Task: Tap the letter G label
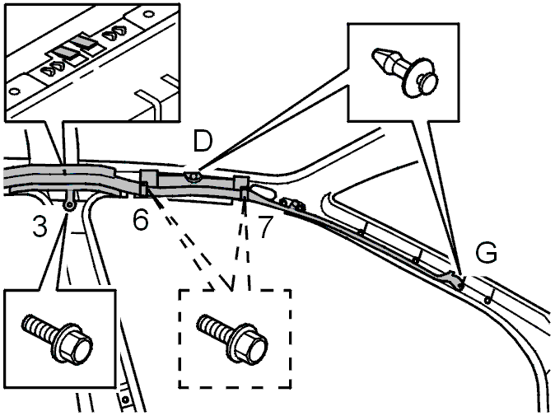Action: [x=487, y=254]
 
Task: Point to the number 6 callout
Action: [x=141, y=221]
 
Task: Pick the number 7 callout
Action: [x=264, y=225]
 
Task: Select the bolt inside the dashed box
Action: [x=234, y=336]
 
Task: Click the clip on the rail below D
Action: [x=193, y=175]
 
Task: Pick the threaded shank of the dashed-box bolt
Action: [x=213, y=324]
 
